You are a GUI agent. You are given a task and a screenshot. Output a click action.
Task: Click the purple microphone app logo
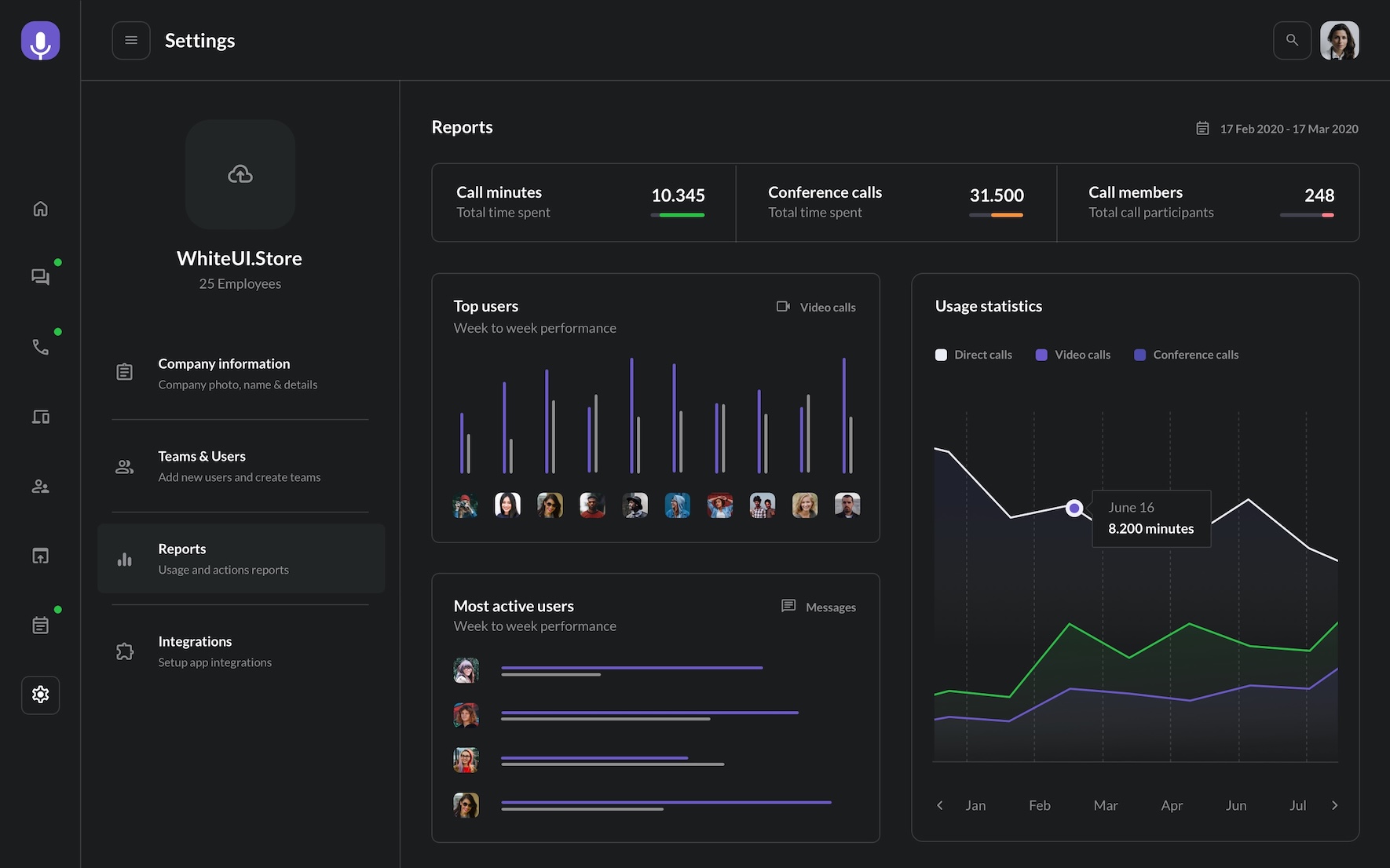point(40,41)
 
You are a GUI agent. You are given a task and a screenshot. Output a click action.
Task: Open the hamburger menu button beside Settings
point(131,40)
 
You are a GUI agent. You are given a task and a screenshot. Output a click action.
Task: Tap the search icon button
point(1292,40)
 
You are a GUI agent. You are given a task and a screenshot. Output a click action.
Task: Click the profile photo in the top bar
point(1339,40)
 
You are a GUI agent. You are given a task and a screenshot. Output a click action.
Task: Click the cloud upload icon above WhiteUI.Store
point(240,174)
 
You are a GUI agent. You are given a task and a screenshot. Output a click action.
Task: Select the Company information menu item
point(224,373)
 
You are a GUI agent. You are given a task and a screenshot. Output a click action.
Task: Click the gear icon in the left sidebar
point(40,695)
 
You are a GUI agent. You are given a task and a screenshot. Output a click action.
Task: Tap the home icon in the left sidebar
point(40,209)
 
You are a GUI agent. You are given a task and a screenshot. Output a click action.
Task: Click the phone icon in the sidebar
point(40,347)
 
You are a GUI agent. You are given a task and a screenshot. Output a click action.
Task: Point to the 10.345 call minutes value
point(678,195)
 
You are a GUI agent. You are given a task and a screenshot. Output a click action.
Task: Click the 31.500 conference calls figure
point(996,195)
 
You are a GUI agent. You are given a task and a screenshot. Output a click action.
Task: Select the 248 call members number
point(1319,195)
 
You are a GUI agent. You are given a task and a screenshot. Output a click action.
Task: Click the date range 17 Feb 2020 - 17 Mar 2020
point(1288,129)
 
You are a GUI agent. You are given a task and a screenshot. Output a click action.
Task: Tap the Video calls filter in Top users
point(817,307)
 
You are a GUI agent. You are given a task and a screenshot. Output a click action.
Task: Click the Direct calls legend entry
point(974,355)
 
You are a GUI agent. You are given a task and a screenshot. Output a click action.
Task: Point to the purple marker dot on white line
point(1074,508)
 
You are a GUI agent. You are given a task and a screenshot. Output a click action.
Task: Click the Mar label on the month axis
point(1105,805)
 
